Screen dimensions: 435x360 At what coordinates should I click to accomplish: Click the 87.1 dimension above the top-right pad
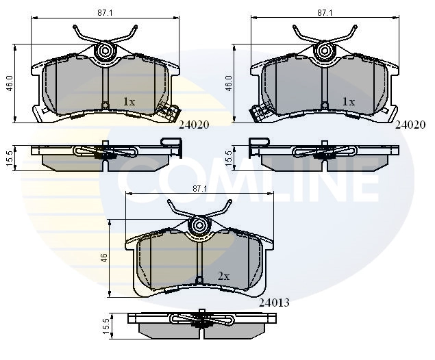(325, 13)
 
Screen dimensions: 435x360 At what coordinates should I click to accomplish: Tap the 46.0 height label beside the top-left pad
(9, 83)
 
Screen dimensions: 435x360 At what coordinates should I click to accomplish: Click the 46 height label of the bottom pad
(105, 258)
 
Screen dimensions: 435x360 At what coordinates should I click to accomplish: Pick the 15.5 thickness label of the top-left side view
(9, 159)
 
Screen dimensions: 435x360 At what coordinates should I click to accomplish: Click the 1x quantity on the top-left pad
(129, 102)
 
